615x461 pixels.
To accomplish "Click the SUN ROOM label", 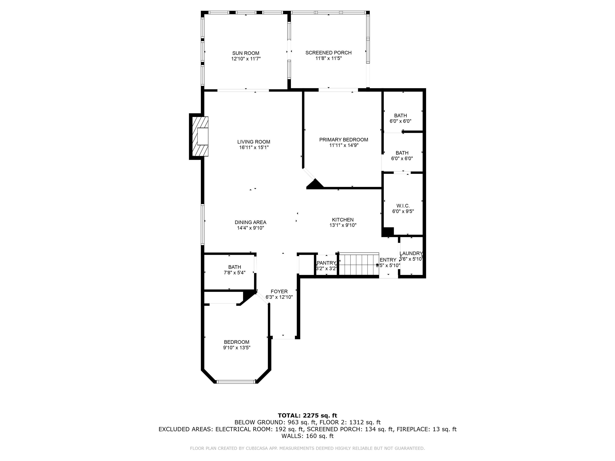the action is [x=246, y=53].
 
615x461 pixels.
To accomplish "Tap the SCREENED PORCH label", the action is [x=328, y=52].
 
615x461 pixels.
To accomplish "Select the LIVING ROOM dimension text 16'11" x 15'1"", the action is [x=254, y=147].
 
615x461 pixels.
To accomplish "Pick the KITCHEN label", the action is [x=343, y=219].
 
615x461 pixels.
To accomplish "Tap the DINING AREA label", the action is [x=250, y=222].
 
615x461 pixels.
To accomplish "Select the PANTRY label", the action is [x=326, y=263].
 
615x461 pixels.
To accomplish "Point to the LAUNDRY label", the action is [x=411, y=254].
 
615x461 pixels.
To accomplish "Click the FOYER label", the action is [x=279, y=292].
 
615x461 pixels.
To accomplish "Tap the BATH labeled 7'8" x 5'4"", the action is [x=235, y=267].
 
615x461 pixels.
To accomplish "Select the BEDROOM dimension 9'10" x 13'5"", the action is [x=237, y=348].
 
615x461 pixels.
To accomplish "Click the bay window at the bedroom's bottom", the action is [x=236, y=382].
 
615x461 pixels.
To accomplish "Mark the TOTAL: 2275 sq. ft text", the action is [x=307, y=415].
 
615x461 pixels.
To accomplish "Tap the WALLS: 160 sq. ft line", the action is [x=307, y=436].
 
